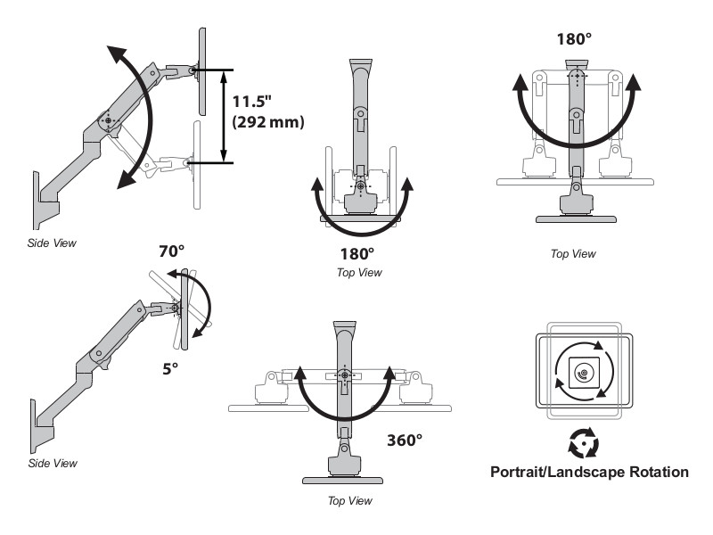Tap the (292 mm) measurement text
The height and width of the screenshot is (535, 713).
click(267, 123)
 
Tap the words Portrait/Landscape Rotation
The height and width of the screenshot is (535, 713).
click(589, 472)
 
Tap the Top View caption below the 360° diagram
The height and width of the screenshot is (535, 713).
click(350, 501)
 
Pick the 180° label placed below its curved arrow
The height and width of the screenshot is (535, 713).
click(358, 254)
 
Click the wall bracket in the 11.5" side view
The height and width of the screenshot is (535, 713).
click(41, 197)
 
